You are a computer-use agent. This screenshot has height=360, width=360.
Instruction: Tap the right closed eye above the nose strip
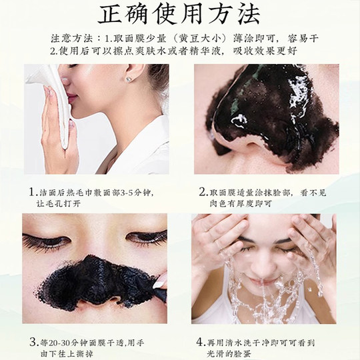[146, 238]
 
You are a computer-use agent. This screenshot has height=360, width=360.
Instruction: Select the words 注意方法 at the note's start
[71, 37]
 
